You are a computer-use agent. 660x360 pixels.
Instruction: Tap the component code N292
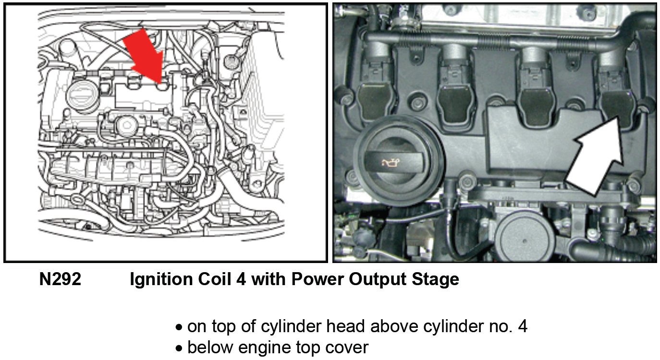coord(60,279)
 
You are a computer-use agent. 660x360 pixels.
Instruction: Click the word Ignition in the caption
coord(161,279)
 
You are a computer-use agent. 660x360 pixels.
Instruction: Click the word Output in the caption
coord(378,279)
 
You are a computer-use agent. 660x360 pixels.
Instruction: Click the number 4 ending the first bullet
coord(523,326)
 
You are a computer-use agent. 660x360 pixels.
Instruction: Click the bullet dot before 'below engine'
coord(179,349)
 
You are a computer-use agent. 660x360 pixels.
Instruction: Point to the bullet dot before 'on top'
coord(179,327)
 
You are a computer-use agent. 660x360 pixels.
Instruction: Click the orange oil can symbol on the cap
coord(391,163)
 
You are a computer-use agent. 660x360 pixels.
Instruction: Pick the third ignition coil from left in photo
coord(536,91)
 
